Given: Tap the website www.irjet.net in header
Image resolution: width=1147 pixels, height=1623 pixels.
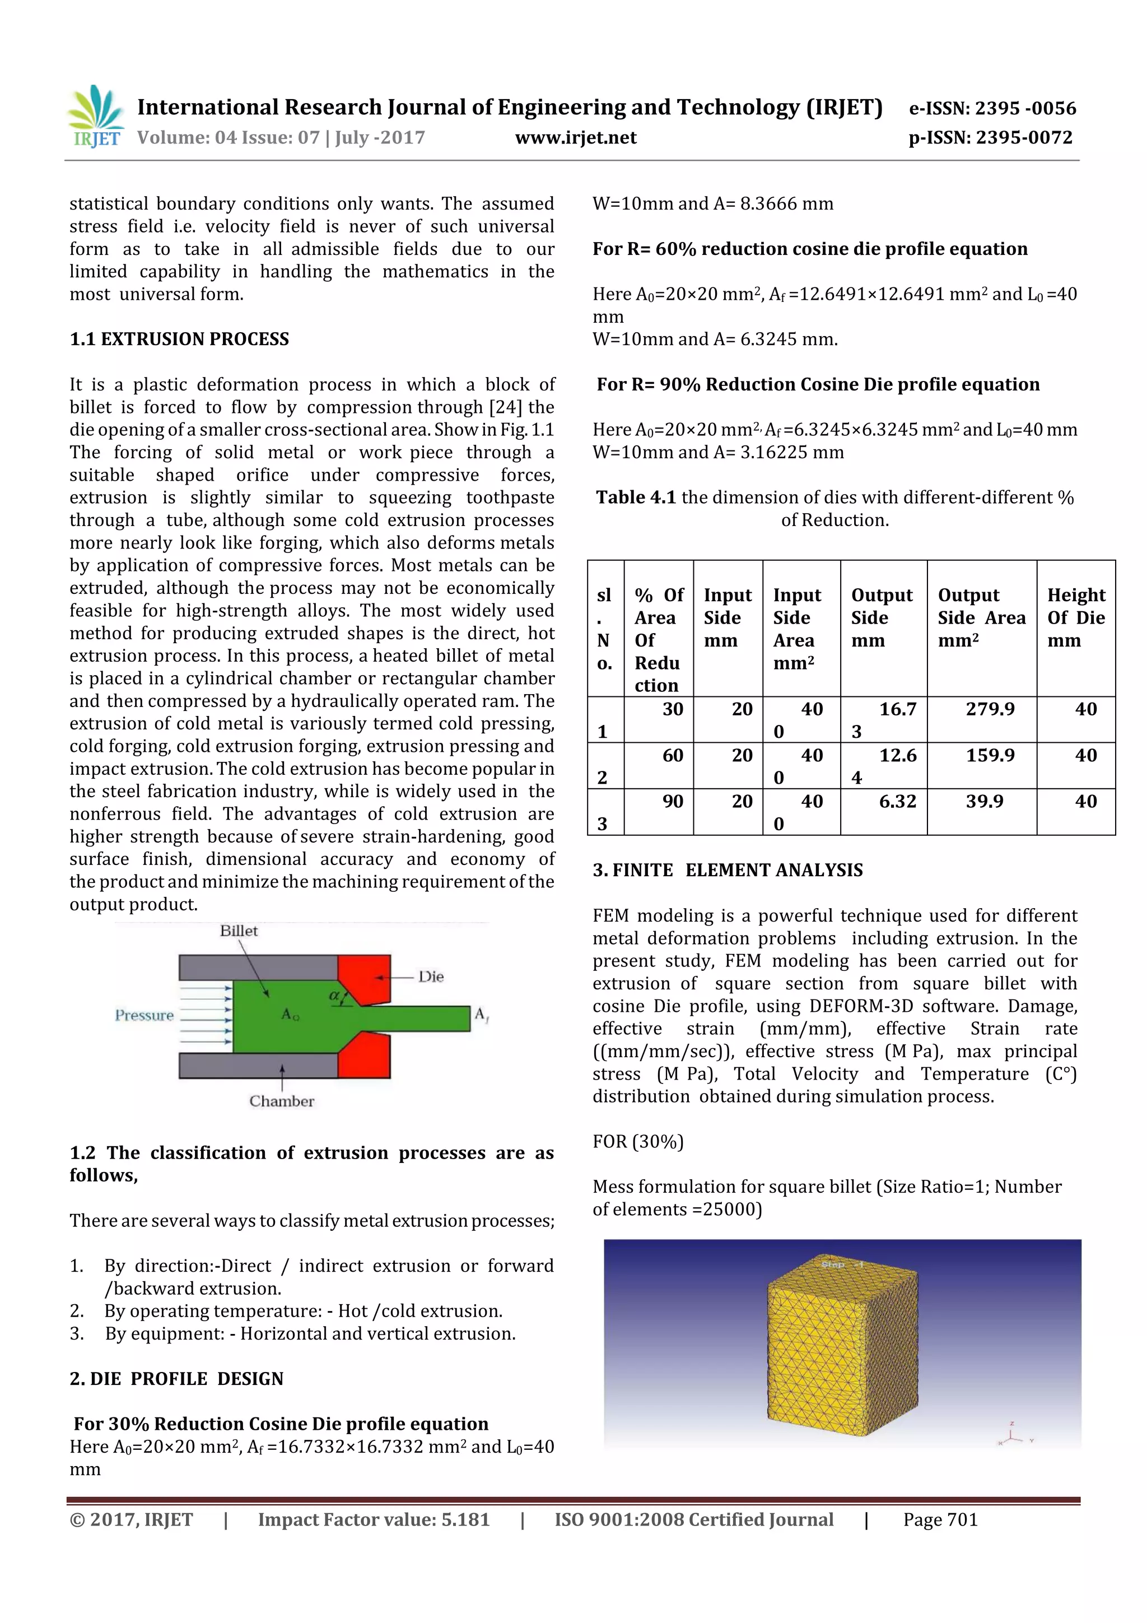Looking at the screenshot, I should (575, 138).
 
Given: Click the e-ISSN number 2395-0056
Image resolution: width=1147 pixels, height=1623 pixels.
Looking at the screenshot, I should (992, 108).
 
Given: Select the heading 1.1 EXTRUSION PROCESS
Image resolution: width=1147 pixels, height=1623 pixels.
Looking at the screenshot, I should (180, 340).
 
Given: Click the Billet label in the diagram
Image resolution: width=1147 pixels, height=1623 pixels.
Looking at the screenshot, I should (239, 931).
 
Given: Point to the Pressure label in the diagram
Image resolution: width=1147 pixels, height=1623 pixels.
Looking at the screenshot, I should (144, 1015).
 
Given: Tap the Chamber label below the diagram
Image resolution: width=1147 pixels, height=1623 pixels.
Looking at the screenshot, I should (281, 1101).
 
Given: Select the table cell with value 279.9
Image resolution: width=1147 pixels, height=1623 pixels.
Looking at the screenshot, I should (990, 709).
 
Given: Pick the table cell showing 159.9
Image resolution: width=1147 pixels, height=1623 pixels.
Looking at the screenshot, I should (990, 756).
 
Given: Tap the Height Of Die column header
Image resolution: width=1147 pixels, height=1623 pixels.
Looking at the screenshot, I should (1076, 617).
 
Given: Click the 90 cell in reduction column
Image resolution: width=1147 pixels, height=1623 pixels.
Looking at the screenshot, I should (672, 802).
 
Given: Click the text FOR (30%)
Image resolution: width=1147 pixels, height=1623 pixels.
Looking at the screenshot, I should (637, 1142).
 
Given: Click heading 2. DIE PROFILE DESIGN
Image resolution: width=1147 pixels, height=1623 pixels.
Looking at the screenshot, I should (176, 1379).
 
